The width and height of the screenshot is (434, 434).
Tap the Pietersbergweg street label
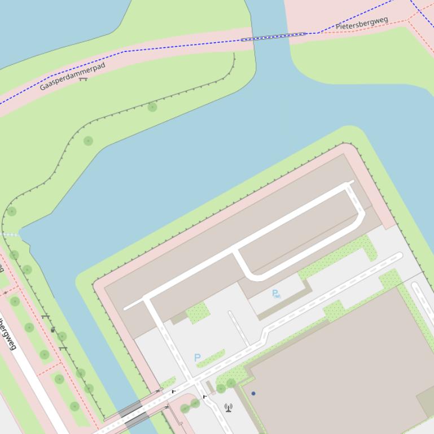(362, 24)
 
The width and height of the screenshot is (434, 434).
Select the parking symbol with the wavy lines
(275, 293)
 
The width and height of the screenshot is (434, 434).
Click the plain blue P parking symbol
(197, 357)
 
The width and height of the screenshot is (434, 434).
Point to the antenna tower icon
(229, 407)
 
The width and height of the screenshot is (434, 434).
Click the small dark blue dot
(253, 393)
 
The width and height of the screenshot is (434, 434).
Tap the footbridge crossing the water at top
(274, 37)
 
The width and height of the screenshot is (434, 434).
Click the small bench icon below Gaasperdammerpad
(84, 79)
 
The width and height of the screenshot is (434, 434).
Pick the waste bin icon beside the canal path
(53, 330)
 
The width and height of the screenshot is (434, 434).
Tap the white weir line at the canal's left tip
(10, 234)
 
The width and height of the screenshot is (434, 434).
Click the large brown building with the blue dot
(333, 366)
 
